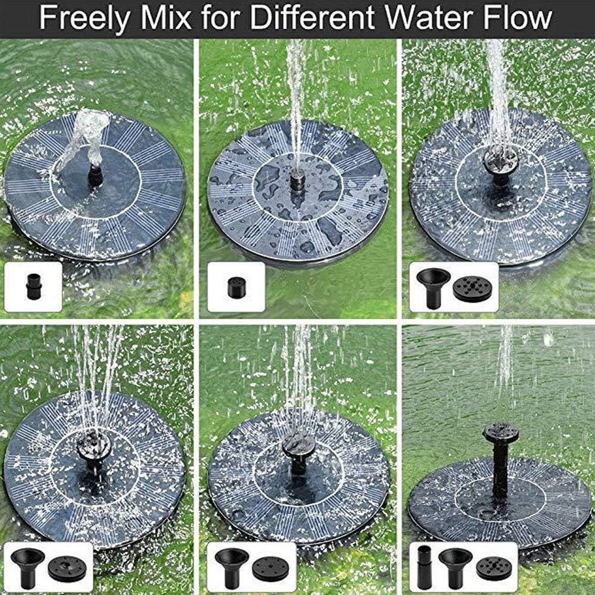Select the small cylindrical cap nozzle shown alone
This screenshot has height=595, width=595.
[236, 288]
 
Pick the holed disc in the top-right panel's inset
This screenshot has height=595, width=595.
[474, 288]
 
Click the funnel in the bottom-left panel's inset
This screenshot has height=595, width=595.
[28, 565]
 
